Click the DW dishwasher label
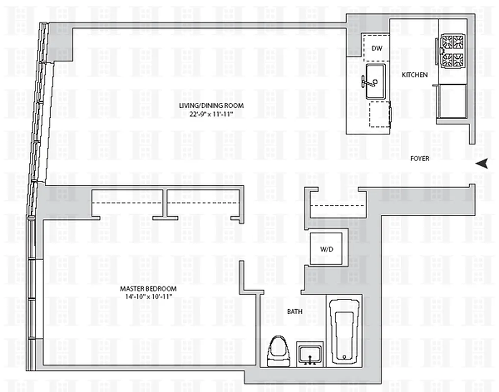click(376, 48)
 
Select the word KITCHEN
click(415, 75)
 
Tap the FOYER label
click(420, 158)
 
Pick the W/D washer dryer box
click(327, 249)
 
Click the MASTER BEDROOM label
click(148, 289)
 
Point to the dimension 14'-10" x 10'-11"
click(148, 297)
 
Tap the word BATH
click(294, 311)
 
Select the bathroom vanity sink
click(309, 354)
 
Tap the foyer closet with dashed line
click(336, 205)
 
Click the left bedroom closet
click(128, 203)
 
